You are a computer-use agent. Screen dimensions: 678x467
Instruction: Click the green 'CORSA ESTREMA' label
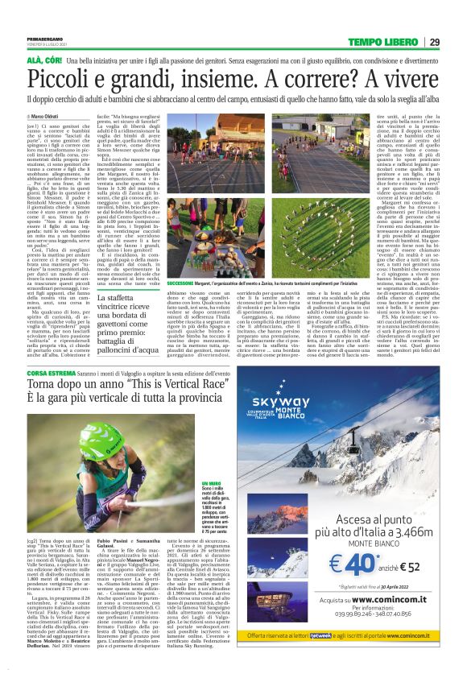pos(51,375)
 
